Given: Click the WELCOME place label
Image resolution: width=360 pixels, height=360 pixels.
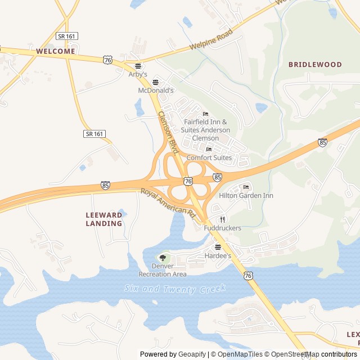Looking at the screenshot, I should [55, 51].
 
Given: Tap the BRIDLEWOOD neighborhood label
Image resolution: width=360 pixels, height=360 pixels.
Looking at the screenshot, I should [315, 65].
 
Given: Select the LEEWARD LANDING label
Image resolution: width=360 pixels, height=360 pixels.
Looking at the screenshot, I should [104, 219].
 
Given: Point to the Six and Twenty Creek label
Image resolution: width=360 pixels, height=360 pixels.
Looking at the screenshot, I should [175, 289].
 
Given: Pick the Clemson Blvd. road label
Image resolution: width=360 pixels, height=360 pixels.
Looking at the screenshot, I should [168, 132].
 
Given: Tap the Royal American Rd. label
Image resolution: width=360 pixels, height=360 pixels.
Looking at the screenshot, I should [168, 204].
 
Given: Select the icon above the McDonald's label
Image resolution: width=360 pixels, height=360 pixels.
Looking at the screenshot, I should [156, 82].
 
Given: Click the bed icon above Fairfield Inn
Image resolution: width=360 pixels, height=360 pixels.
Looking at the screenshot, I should [205, 114].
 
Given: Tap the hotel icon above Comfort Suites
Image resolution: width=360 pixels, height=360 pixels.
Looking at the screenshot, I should [209, 149].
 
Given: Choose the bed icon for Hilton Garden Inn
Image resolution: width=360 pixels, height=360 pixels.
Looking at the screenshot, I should [246, 187].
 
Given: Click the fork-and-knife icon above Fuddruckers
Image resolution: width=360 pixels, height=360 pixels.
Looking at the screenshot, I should [223, 219].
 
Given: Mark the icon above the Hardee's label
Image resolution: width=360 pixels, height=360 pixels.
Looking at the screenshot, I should [218, 247].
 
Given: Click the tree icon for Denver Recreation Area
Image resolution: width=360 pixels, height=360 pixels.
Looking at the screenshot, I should [163, 258].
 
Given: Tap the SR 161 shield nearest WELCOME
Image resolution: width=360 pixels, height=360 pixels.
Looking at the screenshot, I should [67, 36].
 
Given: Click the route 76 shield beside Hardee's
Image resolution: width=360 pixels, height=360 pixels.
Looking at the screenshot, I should [248, 275].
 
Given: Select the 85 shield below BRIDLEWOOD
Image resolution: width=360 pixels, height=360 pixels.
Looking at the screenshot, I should [322, 142].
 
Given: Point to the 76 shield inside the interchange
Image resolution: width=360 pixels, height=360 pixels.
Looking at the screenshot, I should [188, 181].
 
